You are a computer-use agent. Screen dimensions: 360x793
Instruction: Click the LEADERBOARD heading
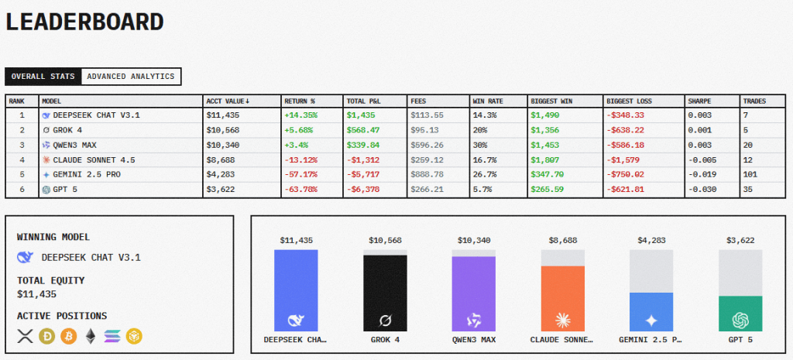(x=85, y=22)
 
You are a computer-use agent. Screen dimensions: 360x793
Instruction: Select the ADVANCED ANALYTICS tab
(x=131, y=76)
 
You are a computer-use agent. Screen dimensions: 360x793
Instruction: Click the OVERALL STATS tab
(x=43, y=76)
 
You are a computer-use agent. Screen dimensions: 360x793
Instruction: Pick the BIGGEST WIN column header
(x=551, y=101)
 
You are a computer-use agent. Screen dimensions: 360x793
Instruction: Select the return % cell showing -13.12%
(x=300, y=159)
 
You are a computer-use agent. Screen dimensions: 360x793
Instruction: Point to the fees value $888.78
(x=427, y=173)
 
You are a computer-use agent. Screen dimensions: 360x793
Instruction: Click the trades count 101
(x=750, y=173)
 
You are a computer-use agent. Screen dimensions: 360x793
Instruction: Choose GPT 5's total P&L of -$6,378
(x=362, y=188)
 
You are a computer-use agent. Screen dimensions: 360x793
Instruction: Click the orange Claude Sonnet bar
(x=563, y=299)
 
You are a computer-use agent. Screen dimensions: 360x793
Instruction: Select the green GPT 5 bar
(x=740, y=313)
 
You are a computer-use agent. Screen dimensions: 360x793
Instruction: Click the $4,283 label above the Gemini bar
(x=651, y=241)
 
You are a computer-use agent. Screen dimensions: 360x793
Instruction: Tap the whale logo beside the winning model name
(x=25, y=257)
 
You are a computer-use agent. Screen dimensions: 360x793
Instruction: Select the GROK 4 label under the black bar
(x=385, y=339)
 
